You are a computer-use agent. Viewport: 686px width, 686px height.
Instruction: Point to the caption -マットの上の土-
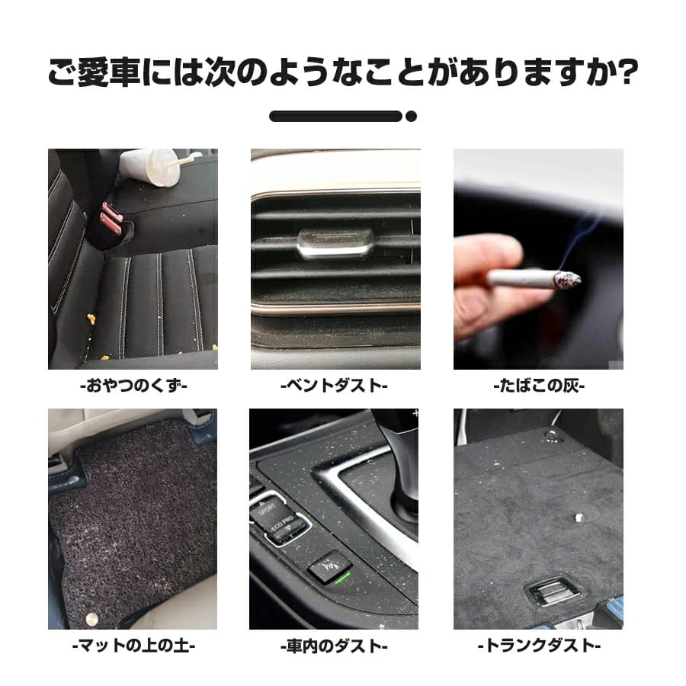click(x=133, y=646)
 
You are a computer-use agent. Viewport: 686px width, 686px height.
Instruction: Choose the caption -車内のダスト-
click(x=335, y=646)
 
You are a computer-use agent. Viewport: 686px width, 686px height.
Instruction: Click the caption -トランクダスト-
click(x=538, y=646)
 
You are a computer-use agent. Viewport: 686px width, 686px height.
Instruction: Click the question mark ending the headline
click(x=627, y=77)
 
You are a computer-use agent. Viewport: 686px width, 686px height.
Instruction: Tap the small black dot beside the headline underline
click(x=411, y=117)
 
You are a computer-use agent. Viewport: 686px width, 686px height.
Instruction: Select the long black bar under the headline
click(x=335, y=117)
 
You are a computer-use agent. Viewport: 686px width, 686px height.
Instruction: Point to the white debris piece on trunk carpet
click(x=578, y=516)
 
